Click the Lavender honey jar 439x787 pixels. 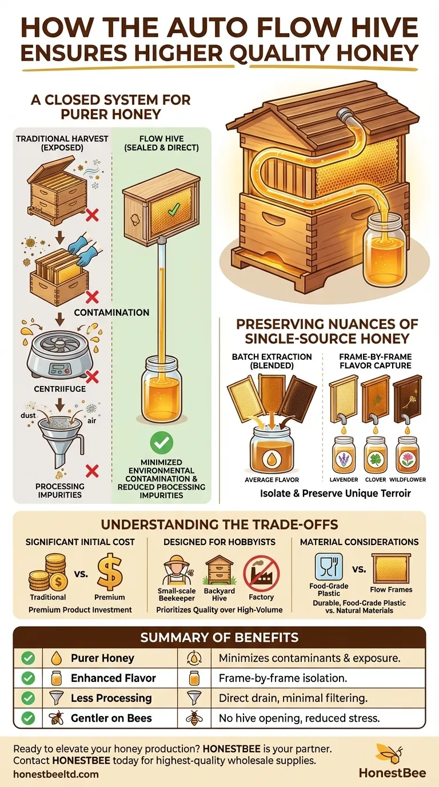point(344,454)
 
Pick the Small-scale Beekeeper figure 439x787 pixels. point(176,575)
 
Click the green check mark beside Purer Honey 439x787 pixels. point(27,658)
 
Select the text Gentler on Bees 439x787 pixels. point(111,718)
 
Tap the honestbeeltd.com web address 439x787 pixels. point(55,774)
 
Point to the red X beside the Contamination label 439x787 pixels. point(92,297)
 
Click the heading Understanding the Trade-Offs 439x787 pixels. point(219,524)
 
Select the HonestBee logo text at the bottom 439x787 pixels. point(392,772)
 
